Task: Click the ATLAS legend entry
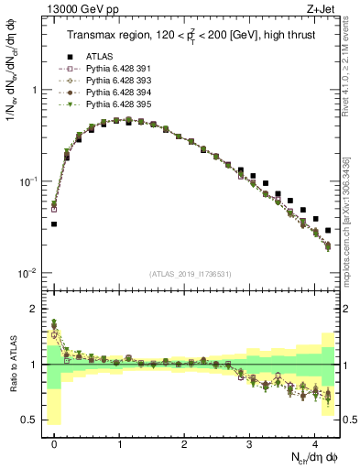(98, 55)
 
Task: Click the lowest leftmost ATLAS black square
(54, 224)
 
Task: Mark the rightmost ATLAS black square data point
(328, 230)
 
